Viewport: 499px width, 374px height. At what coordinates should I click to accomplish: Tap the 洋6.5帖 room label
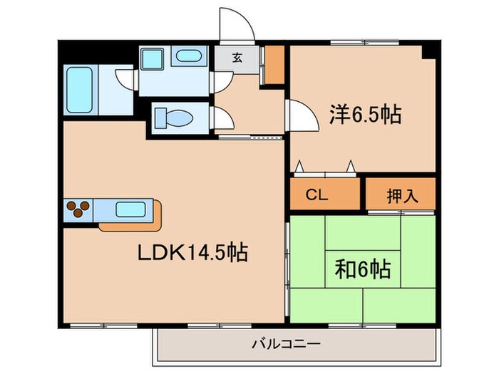coord(364,114)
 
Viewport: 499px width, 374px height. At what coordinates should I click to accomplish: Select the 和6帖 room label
coord(362,269)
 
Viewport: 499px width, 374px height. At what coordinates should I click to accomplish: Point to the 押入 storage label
coord(400,193)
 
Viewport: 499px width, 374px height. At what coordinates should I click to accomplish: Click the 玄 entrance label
coord(236,58)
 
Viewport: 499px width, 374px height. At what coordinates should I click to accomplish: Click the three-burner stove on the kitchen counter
coord(78,209)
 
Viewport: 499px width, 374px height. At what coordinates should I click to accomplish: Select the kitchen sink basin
coord(130,209)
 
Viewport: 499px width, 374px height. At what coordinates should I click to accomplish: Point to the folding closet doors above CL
coord(325,169)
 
